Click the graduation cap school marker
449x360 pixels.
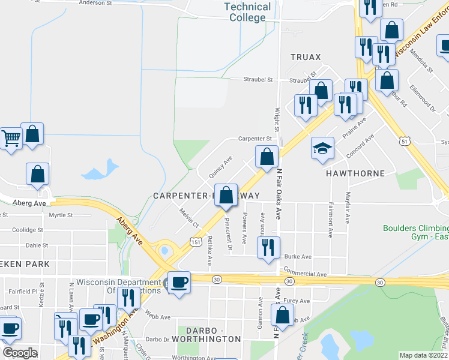pos(322,148)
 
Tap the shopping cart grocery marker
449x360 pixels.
pos(10,139)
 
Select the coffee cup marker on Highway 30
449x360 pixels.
pos(178,282)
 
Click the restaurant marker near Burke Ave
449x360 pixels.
pos(268,247)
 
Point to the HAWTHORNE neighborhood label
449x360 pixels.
pos(355,173)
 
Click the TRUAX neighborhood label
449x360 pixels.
pos(306,57)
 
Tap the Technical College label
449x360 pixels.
pos(247,12)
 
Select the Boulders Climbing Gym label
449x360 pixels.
pos(415,233)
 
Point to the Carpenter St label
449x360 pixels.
pos(255,139)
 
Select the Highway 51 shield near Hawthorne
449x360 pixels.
pos(406,140)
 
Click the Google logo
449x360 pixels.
pos(20,352)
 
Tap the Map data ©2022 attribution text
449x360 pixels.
pos(423,355)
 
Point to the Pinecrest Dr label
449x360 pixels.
pos(228,233)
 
